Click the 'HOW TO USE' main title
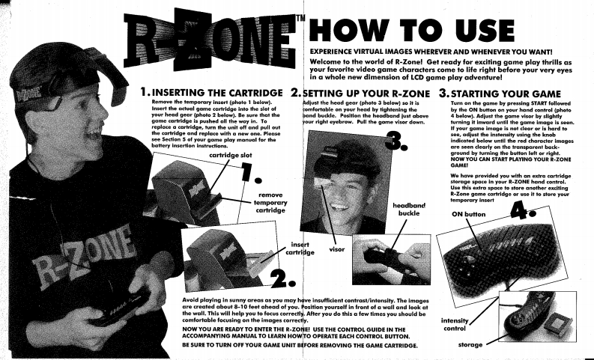pyautogui.click(x=412, y=30)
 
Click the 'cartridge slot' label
pyautogui.click(x=230, y=155)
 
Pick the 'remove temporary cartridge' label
pyautogui.click(x=270, y=203)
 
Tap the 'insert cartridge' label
pyautogui.click(x=300, y=248)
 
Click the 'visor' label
pyautogui.click(x=337, y=249)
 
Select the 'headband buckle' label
pyautogui.click(x=409, y=210)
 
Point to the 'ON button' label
pyautogui.click(x=468, y=214)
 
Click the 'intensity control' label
pyautogui.click(x=455, y=324)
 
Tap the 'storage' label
pyautogui.click(x=470, y=344)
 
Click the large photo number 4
pyautogui.click(x=522, y=210)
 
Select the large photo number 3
pyautogui.click(x=396, y=141)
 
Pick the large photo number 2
pyautogui.click(x=282, y=279)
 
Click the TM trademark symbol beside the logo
pyautogui.click(x=300, y=18)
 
